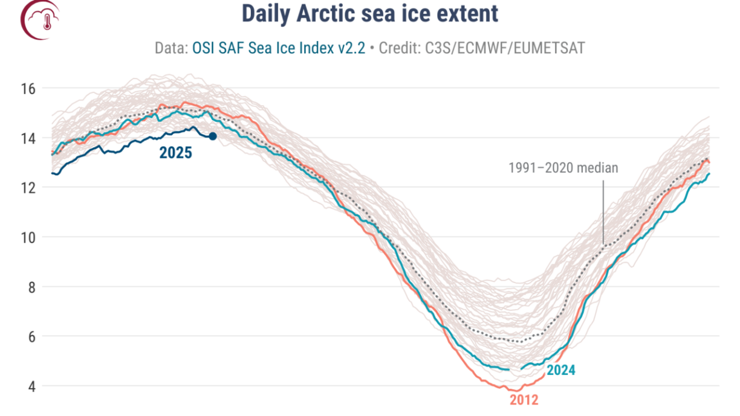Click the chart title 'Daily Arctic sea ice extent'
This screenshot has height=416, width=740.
pos(370,14)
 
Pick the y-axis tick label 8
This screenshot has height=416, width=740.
pos(32,287)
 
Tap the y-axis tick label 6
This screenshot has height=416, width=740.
pos(32,336)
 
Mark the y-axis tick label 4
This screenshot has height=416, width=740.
pos(32,386)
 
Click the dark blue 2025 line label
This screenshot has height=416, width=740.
pos(175,153)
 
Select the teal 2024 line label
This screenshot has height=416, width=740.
pos(560,370)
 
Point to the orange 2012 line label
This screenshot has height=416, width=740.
pos(524,400)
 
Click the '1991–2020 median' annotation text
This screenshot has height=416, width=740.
pos(563,168)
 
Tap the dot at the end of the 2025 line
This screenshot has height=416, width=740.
pos(212,136)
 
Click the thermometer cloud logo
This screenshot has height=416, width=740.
pos(41,19)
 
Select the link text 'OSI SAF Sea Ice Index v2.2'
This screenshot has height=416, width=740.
pos(279,48)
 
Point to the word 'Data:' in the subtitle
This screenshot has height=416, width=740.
pos(172,48)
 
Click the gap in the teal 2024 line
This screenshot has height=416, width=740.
pos(515,368)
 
